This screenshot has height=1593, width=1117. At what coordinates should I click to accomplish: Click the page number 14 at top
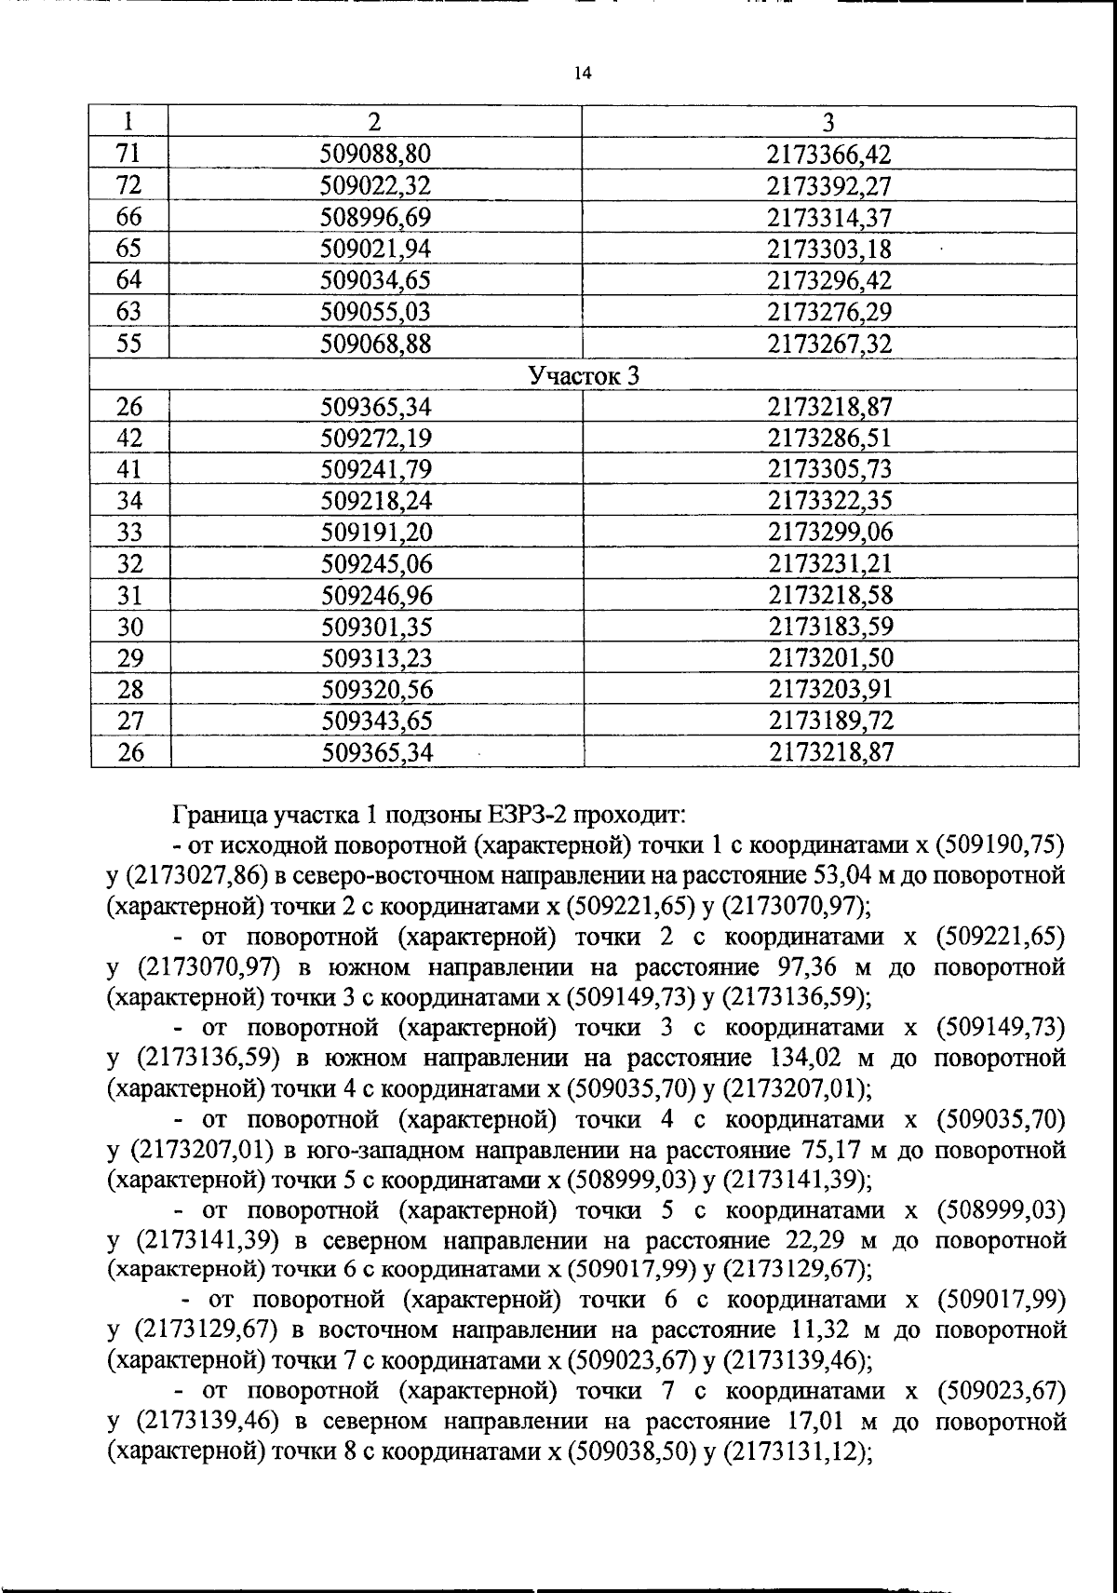583,74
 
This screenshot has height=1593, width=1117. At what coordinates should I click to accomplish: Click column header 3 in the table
828,122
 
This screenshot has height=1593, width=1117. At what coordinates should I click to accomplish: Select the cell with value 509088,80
375,154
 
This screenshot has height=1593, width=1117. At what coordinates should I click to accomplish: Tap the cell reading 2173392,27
828,185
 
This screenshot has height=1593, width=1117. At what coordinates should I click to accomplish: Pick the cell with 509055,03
375,312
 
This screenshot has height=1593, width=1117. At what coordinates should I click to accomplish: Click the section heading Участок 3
584,375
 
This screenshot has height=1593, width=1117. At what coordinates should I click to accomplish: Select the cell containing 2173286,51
829,438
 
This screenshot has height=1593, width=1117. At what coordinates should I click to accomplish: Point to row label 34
129,501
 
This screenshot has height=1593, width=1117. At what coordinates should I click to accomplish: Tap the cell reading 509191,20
376,533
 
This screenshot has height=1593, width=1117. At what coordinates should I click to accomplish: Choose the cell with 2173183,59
830,627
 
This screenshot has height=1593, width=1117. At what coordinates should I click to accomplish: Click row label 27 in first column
130,721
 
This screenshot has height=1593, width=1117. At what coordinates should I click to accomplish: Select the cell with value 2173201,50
830,658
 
